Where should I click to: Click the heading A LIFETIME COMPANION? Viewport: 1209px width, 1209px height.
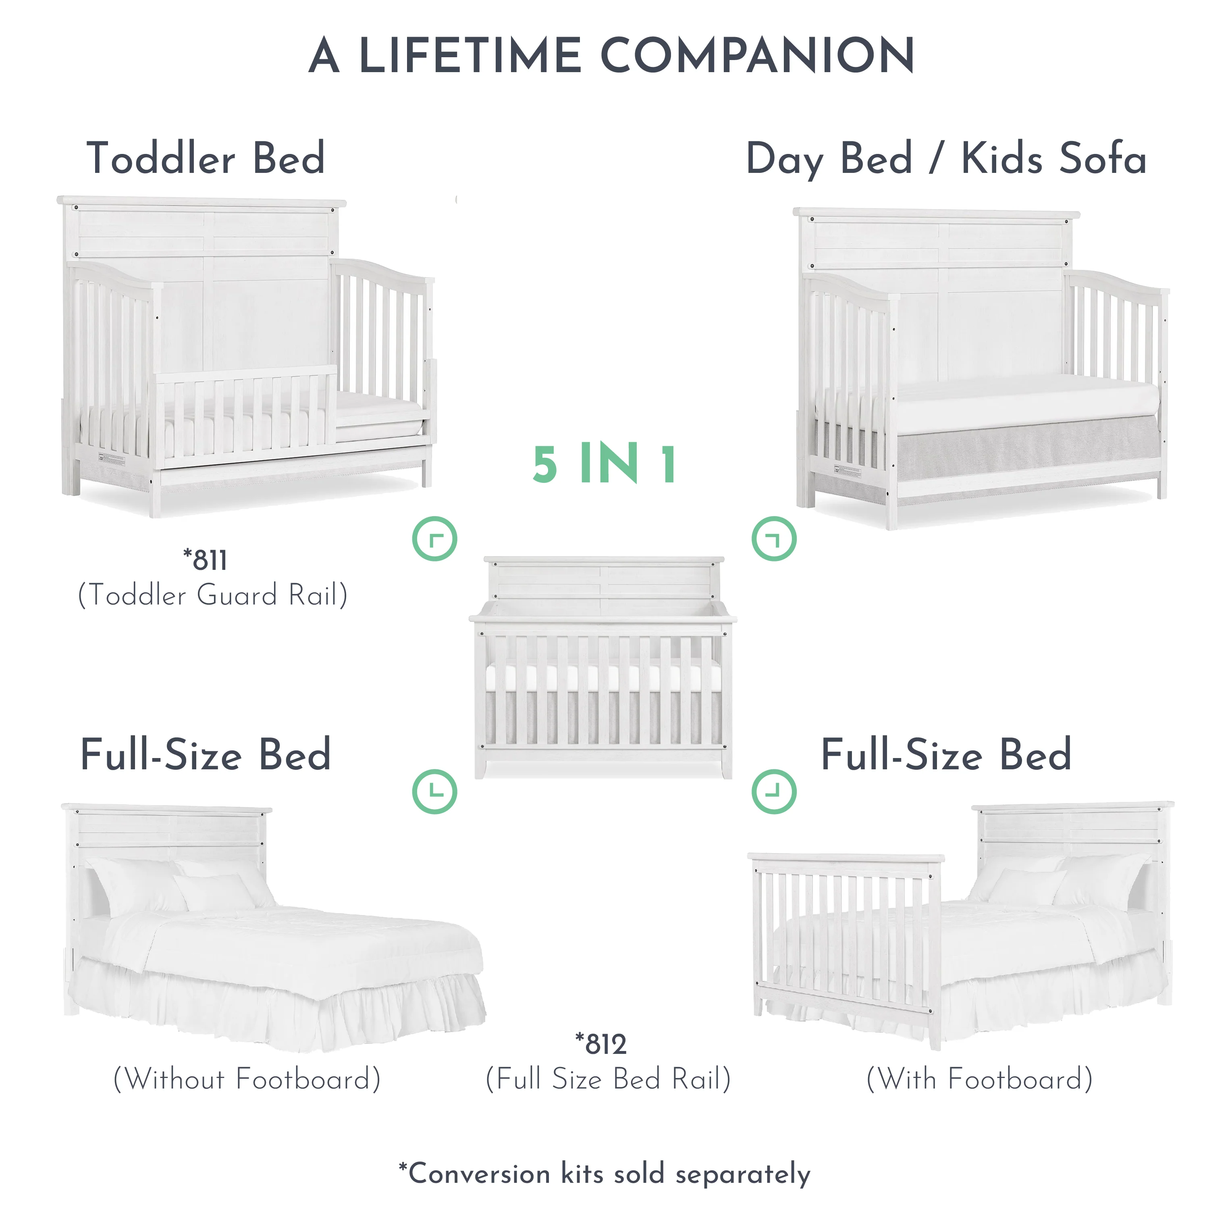coord(611,55)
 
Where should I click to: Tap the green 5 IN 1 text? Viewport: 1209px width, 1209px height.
coord(604,464)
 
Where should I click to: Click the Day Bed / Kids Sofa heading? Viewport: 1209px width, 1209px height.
coord(946,159)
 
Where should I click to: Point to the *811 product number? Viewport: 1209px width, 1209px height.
coord(205,560)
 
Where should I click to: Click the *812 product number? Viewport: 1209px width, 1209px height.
coord(601,1044)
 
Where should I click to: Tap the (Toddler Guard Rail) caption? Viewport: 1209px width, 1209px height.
coord(213,594)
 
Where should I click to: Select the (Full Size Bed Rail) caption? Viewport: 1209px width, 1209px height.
coord(608,1079)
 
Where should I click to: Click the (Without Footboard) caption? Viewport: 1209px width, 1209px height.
coord(247,1079)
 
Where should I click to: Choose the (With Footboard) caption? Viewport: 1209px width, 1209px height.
coord(979,1079)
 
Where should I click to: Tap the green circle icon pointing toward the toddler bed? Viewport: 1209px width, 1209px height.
coord(435,538)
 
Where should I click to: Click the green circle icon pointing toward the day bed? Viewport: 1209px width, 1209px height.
coord(774,538)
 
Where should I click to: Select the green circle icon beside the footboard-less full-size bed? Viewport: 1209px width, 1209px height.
coord(435,791)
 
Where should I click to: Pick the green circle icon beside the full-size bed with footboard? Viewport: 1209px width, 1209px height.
coord(774,791)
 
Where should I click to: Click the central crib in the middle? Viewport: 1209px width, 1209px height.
coord(603,667)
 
